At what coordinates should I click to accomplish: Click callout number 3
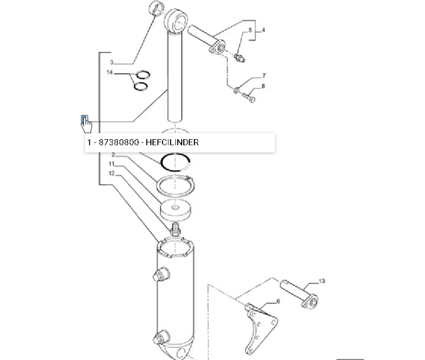(112, 62)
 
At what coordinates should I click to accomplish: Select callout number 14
(109, 72)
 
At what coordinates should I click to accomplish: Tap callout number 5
(250, 30)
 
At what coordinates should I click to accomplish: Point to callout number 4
(263, 30)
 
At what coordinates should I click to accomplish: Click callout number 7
(264, 75)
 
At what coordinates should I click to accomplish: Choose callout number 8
(263, 86)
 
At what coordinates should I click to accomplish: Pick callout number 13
(321, 281)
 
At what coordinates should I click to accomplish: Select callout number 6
(278, 301)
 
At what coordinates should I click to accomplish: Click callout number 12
(112, 173)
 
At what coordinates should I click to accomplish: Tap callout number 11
(112, 164)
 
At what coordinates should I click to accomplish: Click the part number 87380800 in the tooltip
(118, 142)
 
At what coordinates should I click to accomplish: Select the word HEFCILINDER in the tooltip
(172, 142)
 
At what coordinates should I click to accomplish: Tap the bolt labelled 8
(249, 98)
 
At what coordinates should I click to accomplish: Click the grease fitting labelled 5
(240, 58)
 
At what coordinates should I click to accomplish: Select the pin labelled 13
(299, 294)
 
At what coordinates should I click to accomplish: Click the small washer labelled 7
(236, 90)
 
